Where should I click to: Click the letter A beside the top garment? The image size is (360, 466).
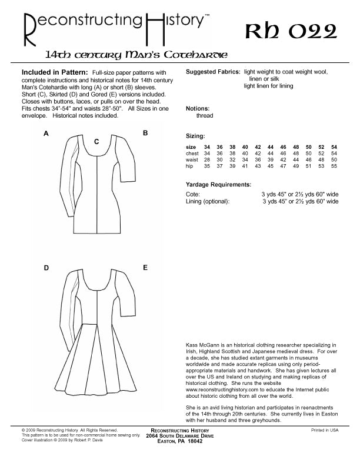(46, 134)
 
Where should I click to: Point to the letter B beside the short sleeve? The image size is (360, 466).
(145, 134)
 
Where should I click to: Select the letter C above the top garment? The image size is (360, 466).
(96, 141)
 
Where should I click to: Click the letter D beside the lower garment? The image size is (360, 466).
(46, 268)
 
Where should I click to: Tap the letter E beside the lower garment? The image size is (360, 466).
(145, 268)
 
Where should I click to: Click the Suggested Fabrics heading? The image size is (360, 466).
(212, 72)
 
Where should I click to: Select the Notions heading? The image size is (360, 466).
(198, 109)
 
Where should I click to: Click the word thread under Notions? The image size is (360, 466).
(205, 116)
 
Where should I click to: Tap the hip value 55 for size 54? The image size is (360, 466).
(334, 167)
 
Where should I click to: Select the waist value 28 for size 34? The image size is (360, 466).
(207, 160)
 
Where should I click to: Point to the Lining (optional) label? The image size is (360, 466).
(208, 201)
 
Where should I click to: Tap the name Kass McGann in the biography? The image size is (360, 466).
(202, 344)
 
